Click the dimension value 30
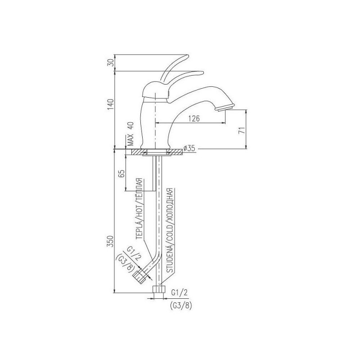click(x=111, y=63)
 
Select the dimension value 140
click(x=111, y=105)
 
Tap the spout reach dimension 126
click(x=194, y=118)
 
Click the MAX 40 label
click(x=130, y=134)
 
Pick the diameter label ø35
click(x=189, y=148)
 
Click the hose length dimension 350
click(x=111, y=241)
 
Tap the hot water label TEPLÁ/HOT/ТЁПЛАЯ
click(x=139, y=209)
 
